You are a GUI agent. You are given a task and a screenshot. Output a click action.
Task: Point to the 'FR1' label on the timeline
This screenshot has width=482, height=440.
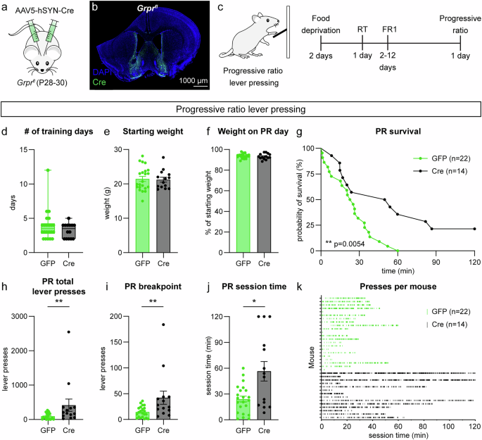(388, 30)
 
